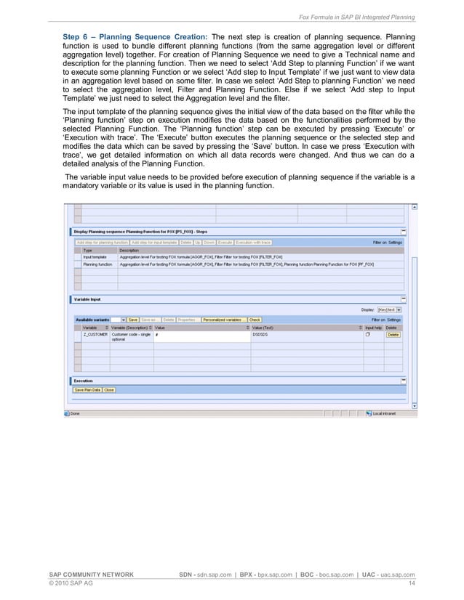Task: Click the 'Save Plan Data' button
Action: [x=87, y=389]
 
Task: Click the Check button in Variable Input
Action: [x=255, y=319]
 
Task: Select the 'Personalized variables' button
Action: [x=223, y=319]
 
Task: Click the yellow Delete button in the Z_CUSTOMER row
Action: [x=393, y=335]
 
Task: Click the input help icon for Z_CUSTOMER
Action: [x=368, y=335]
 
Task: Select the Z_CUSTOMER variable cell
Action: [x=95, y=335]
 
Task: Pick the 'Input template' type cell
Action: [x=95, y=257]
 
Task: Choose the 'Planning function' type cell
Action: [x=97, y=264]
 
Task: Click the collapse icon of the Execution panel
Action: [x=404, y=380]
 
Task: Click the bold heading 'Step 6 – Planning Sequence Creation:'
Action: [x=135, y=36]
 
